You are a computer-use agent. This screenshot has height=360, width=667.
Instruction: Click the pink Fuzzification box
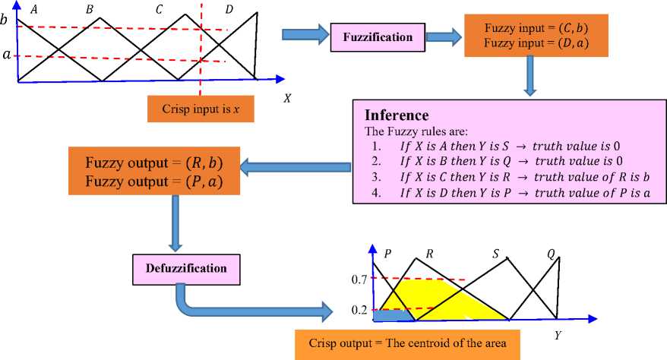point(377,36)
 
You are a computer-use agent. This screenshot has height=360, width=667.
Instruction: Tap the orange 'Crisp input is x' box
point(201,109)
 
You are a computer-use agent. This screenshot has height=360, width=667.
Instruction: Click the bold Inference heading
point(397,116)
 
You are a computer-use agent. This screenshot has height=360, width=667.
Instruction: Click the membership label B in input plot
point(90,9)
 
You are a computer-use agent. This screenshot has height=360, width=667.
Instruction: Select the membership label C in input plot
point(158,9)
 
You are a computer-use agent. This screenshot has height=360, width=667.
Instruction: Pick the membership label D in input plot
point(230,9)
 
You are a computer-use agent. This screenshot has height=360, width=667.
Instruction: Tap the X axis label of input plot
point(287,98)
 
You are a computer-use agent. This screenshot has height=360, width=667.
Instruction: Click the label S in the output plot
point(495,254)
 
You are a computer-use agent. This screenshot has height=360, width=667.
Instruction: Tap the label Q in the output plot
point(551,254)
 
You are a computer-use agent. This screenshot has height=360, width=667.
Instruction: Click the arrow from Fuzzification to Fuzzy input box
point(448,36)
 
